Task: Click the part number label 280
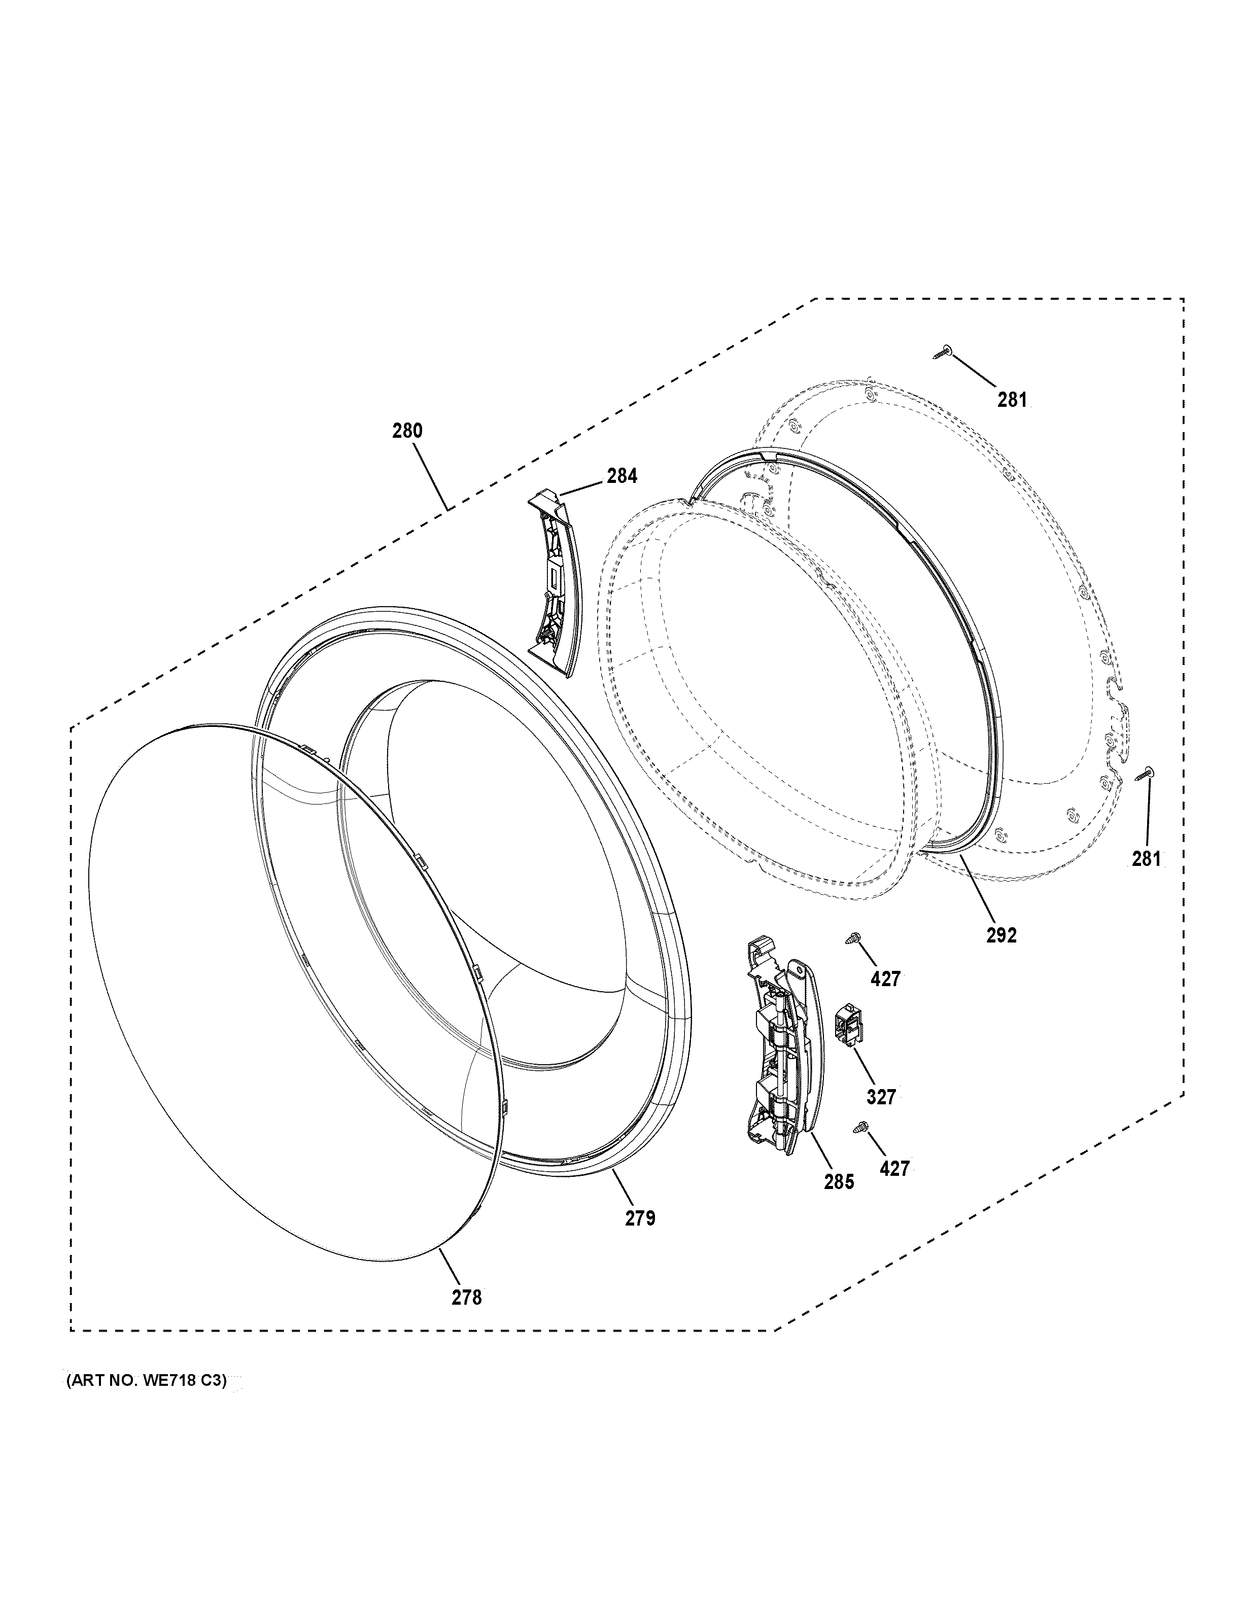407,431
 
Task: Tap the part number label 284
622,476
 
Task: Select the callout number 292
1002,935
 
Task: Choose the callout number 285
839,1182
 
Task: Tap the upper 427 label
885,980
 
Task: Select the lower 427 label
894,1168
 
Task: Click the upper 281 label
1013,400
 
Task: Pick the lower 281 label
1146,858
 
